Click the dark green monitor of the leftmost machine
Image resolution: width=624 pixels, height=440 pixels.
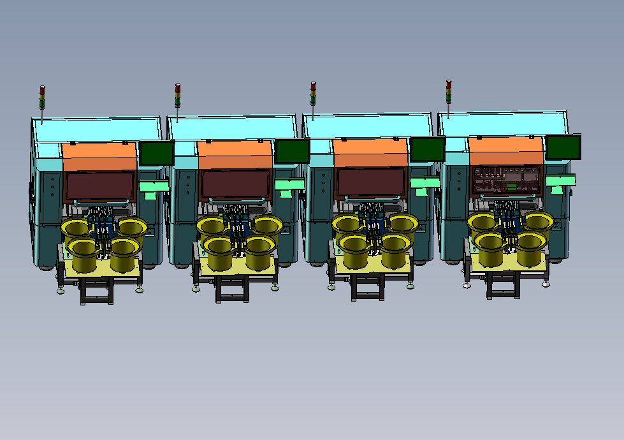pos(157,153)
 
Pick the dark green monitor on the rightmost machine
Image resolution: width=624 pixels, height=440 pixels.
pos(563,147)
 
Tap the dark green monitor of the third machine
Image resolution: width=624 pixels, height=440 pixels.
pos(427,149)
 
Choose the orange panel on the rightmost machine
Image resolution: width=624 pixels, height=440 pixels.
pos(506,150)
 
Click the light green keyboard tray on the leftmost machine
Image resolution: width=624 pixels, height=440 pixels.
pos(154,186)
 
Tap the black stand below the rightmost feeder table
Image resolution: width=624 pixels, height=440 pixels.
pos(504,286)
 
